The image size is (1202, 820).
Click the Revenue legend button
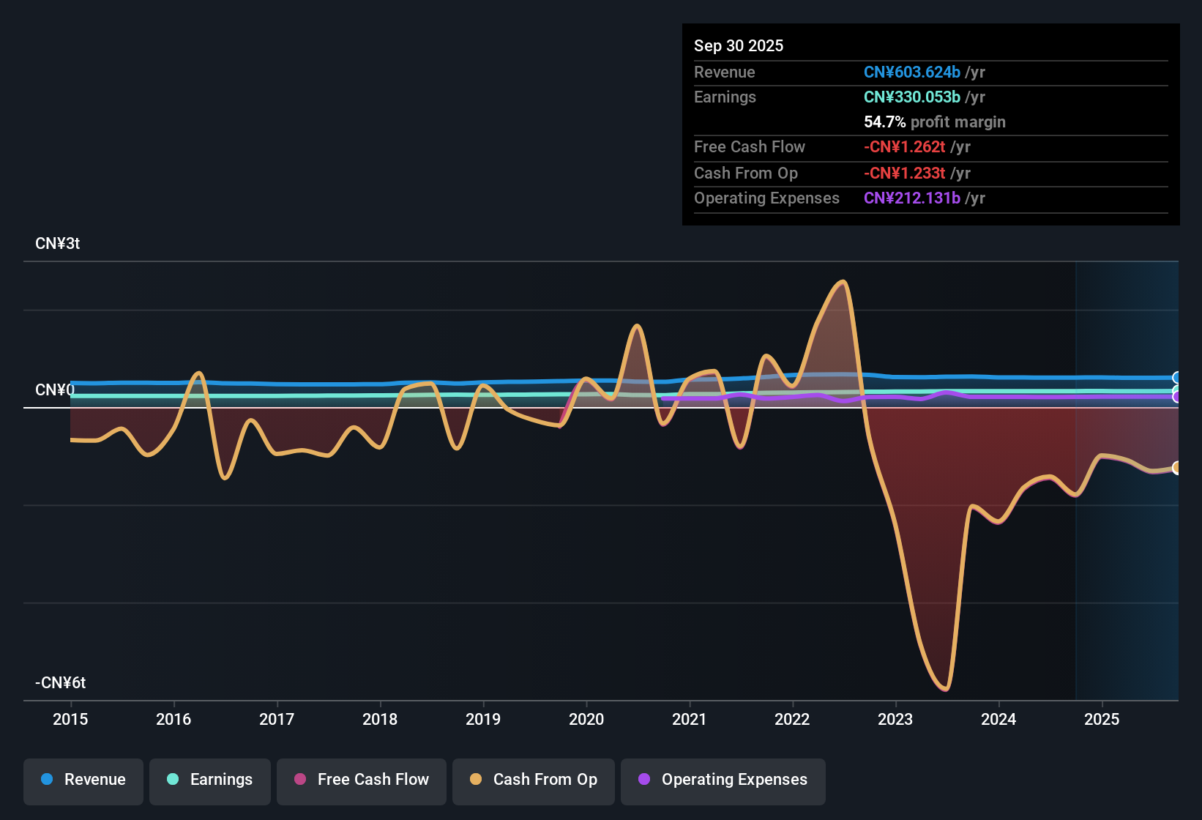pyautogui.click(x=83, y=780)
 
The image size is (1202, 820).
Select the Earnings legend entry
pyautogui.click(x=210, y=780)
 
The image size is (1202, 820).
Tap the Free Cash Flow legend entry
pyautogui.click(x=362, y=780)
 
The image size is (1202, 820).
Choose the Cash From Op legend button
pyautogui.click(x=534, y=780)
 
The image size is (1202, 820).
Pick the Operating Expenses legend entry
pyautogui.click(x=723, y=780)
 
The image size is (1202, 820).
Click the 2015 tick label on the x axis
pyautogui.click(x=70, y=719)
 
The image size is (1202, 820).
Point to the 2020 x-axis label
pyautogui.click(x=586, y=719)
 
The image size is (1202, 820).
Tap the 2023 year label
pyautogui.click(x=895, y=719)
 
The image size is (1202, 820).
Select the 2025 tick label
pyautogui.click(x=1102, y=719)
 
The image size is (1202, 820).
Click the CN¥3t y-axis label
pyautogui.click(x=57, y=244)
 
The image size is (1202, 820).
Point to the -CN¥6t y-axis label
pyautogui.click(x=60, y=683)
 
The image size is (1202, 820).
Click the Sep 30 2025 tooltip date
pyautogui.click(x=739, y=45)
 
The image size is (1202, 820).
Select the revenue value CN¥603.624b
pyautogui.click(x=911, y=72)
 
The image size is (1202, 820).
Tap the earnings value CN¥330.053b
pyautogui.click(x=911, y=97)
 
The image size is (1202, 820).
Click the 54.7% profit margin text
pyautogui.click(x=934, y=122)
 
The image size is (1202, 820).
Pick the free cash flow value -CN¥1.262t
pyautogui.click(x=904, y=146)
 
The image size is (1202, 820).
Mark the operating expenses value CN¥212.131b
pyautogui.click(x=911, y=198)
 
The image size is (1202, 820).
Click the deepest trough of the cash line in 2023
pyautogui.click(x=945, y=689)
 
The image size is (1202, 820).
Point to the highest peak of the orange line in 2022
pyautogui.click(x=844, y=281)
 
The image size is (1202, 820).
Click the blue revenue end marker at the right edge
pyautogui.click(x=1176, y=378)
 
